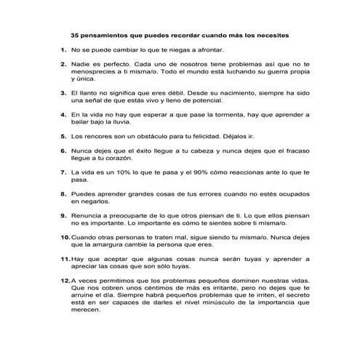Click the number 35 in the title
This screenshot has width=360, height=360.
pyautogui.click(x=75, y=34)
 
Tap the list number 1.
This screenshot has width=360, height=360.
pyautogui.click(x=63, y=50)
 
